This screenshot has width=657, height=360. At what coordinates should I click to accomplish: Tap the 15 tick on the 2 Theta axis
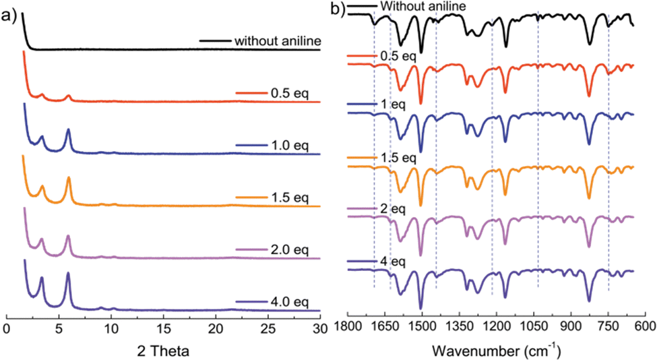click(x=163, y=330)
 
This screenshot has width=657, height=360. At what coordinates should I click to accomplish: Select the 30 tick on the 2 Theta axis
click(x=319, y=330)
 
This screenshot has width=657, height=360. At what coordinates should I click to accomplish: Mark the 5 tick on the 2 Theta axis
click(x=59, y=330)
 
